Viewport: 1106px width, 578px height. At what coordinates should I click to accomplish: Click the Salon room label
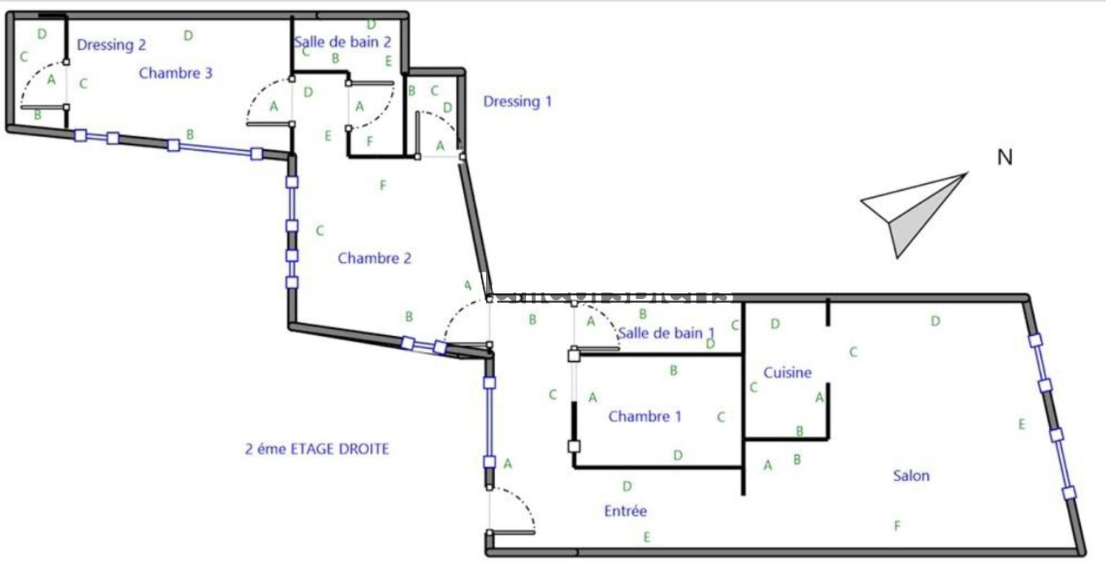[x=911, y=475]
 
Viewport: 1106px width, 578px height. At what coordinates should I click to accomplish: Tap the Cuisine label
[x=787, y=372]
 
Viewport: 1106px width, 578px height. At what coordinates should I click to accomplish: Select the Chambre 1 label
[x=644, y=416]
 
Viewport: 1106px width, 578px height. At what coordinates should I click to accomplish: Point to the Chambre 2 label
[x=374, y=258]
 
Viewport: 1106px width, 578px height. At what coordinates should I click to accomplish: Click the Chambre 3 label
[x=176, y=73]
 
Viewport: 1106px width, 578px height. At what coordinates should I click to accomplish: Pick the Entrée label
[x=625, y=511]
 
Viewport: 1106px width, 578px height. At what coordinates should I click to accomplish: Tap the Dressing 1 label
[x=517, y=101]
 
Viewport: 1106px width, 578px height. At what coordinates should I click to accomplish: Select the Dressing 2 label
[x=111, y=45]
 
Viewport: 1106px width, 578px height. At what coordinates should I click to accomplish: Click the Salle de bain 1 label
[x=666, y=333]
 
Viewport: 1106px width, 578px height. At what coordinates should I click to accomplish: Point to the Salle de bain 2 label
[x=342, y=42]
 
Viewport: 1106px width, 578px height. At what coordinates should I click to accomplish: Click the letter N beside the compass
[x=1004, y=158]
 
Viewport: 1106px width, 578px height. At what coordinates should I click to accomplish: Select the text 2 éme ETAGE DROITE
[x=317, y=449]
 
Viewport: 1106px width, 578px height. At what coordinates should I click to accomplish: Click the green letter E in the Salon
[x=1021, y=425]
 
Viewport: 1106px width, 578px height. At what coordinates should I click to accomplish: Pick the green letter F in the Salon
[x=897, y=526]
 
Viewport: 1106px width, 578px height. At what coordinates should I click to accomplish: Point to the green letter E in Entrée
[x=647, y=537]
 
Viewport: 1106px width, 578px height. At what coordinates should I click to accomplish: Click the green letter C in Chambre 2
[x=319, y=231]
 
